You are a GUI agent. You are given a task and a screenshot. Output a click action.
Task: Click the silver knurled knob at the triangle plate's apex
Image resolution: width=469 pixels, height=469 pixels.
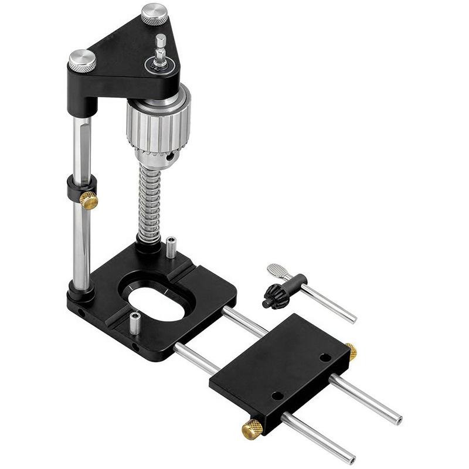tap(155, 13)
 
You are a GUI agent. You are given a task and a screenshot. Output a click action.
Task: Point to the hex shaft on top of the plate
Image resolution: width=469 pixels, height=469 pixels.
tap(160, 47)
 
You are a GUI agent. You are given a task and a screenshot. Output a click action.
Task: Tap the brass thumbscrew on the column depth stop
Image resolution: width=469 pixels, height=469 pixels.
tap(89, 200)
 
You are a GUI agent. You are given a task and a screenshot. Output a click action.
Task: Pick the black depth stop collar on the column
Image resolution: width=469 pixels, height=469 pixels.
tap(74, 191)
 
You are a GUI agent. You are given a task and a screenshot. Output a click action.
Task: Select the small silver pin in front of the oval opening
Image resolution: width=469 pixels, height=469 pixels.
tap(134, 324)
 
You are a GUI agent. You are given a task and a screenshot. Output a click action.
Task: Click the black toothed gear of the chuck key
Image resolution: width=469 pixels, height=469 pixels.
tap(273, 295)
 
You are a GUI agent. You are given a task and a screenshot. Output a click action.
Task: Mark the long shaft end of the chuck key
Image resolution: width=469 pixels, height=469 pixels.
tap(350, 318)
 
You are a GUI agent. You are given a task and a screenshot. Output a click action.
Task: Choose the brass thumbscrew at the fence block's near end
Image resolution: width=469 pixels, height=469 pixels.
tap(253, 429)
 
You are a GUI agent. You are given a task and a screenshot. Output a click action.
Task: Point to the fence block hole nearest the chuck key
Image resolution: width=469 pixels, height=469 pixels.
tap(324, 357)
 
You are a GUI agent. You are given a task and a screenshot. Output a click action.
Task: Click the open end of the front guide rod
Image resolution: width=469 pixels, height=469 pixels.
tap(350, 458)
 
